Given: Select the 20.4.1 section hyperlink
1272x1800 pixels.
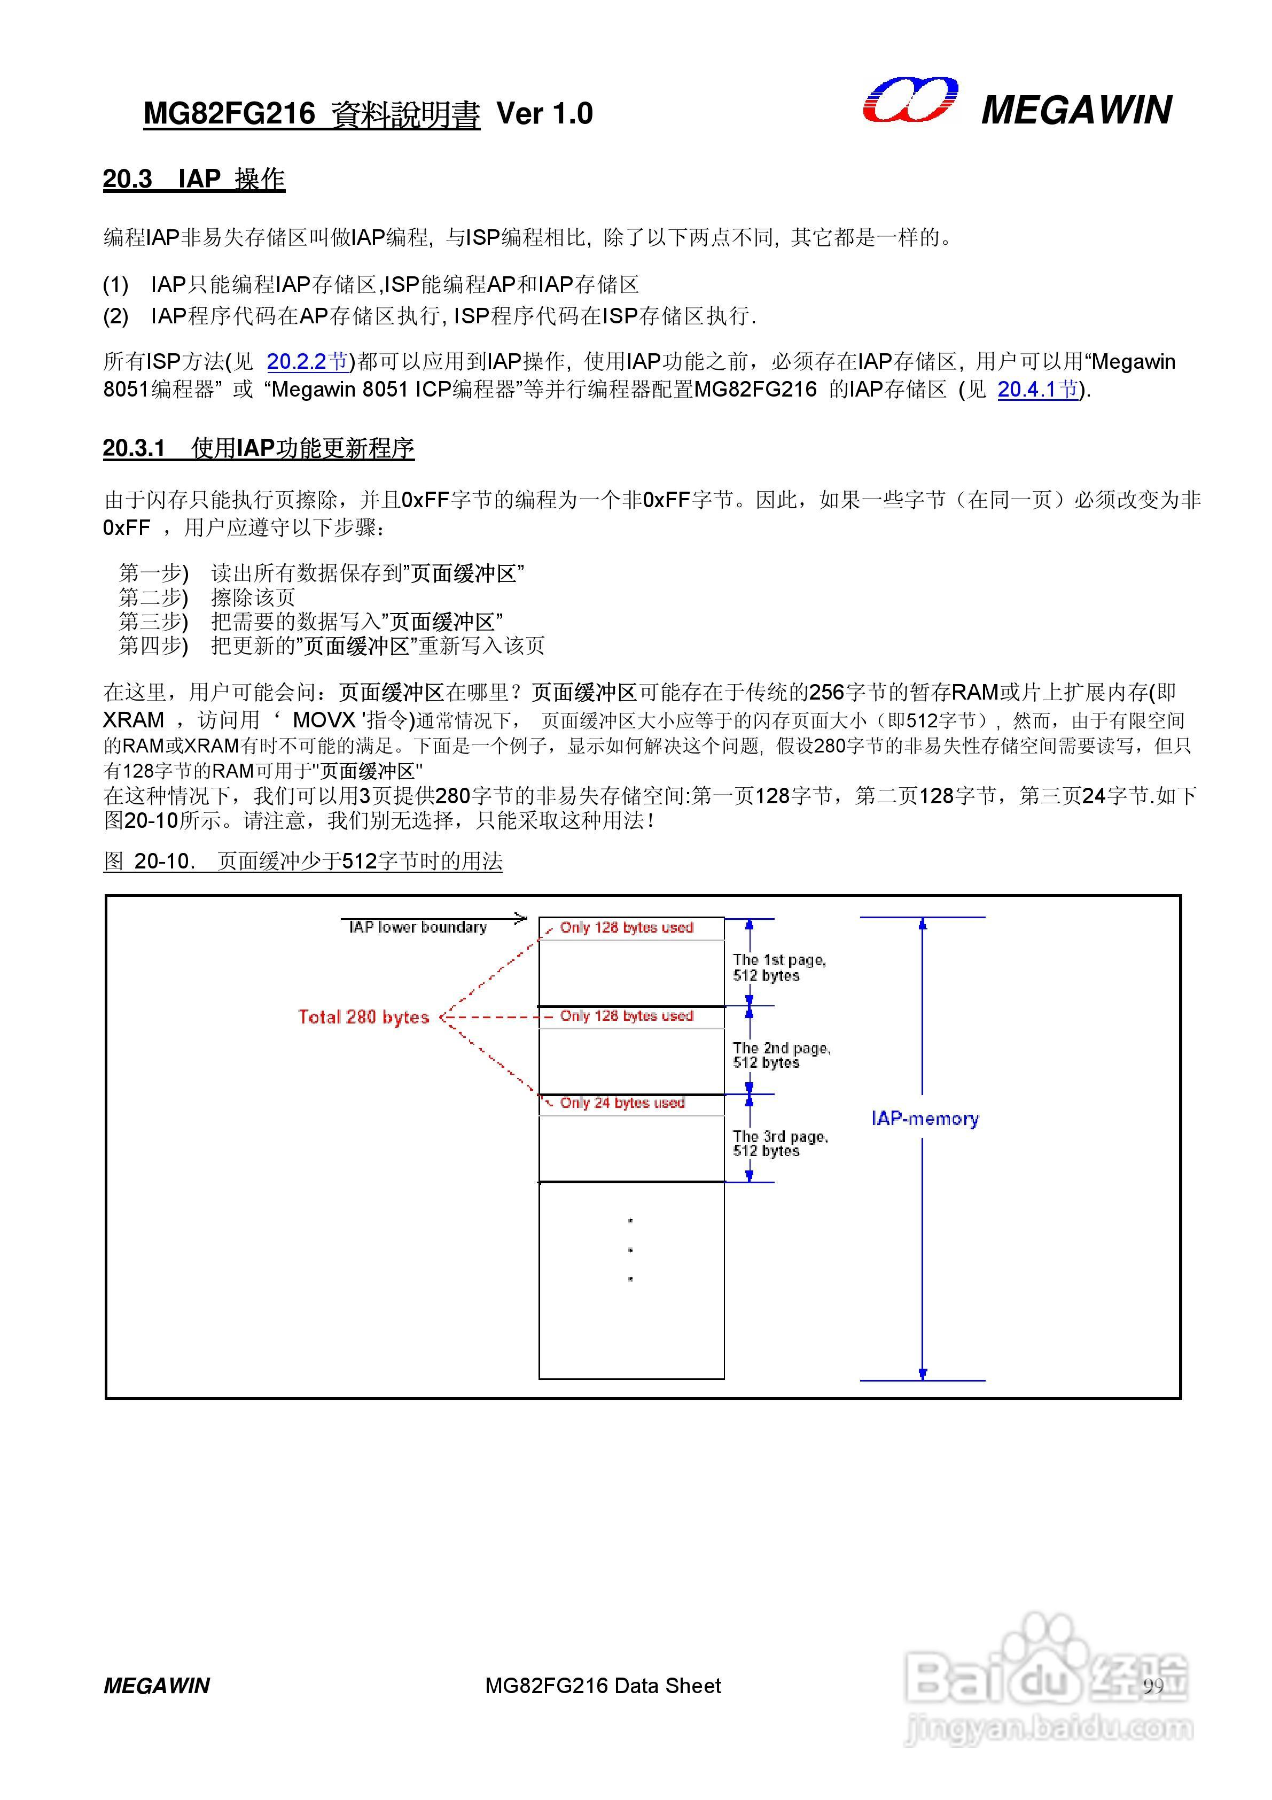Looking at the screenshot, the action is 1037,390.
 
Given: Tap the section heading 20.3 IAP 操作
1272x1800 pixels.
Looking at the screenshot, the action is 193,180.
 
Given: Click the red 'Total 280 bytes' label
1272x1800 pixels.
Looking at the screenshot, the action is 364,1017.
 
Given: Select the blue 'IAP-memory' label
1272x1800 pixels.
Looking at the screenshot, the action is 925,1119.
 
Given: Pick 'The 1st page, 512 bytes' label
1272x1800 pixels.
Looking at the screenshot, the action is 778,967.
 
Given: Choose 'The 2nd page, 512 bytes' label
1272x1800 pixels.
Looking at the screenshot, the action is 781,1055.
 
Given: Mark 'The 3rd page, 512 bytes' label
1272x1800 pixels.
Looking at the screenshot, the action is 780,1144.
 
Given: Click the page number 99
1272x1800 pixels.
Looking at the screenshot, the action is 1153,1686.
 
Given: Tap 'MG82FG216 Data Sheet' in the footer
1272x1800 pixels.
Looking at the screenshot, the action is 603,1686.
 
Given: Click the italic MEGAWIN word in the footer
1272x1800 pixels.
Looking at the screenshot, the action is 157,1686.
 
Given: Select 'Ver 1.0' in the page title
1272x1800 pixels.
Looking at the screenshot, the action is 545,114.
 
